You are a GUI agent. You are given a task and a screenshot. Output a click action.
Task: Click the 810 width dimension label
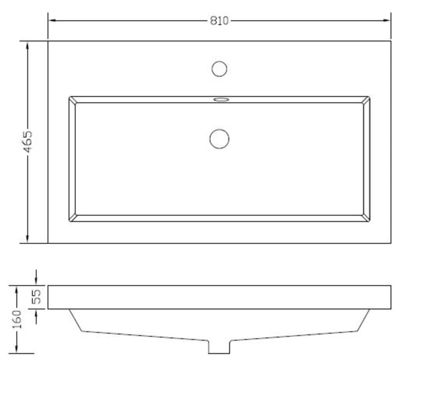tap(219, 21)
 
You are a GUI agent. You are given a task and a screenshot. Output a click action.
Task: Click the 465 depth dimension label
tap(28, 141)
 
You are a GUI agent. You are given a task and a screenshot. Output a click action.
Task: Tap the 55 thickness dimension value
tap(36, 296)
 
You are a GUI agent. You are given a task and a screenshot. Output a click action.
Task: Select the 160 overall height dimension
tap(17, 319)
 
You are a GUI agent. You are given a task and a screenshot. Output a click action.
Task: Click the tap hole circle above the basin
tap(219, 69)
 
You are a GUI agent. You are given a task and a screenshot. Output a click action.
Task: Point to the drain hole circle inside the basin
tap(219, 139)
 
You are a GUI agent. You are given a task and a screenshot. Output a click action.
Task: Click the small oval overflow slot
tap(221, 100)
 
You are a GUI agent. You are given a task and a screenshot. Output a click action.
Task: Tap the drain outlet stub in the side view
tap(219, 347)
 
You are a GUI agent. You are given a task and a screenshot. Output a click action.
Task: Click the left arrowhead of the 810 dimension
tap(52, 20)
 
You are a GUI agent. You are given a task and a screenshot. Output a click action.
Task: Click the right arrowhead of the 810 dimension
tap(387, 20)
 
